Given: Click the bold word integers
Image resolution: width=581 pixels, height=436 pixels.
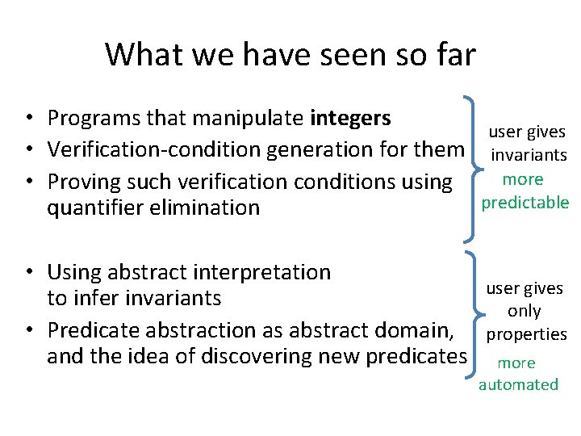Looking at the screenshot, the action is [350, 119].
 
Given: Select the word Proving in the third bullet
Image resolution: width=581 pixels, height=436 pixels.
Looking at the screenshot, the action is [82, 182].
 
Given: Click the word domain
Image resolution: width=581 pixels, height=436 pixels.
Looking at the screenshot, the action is [420, 330].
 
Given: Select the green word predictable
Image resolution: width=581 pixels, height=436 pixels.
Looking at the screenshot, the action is [525, 203].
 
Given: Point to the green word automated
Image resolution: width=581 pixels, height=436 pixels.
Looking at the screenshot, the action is [518, 385].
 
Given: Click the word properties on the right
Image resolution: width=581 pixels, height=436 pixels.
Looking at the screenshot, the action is [527, 334].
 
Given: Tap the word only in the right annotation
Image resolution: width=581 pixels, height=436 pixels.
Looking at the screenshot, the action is [525, 312].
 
